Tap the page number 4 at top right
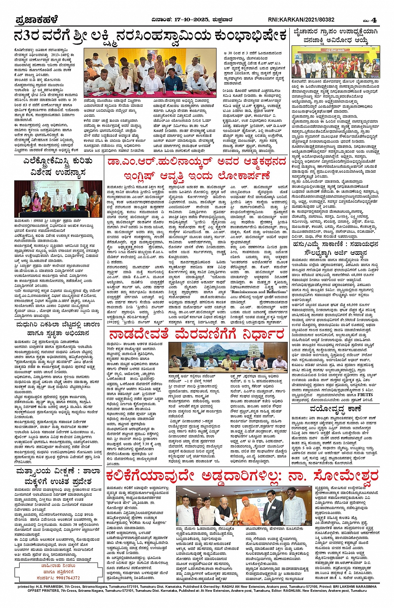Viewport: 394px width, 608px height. click(374, 20)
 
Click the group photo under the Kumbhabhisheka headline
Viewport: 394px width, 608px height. click(150, 73)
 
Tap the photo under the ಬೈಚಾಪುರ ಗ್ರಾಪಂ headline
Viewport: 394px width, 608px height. click(336, 62)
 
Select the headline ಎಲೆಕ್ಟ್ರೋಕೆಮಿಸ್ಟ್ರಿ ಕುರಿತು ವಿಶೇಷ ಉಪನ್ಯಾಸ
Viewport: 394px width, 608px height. click(58, 167)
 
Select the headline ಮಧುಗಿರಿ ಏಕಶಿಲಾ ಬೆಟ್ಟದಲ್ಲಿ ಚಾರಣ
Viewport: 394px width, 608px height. click(58, 328)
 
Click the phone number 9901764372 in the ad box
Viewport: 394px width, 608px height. click(58, 578)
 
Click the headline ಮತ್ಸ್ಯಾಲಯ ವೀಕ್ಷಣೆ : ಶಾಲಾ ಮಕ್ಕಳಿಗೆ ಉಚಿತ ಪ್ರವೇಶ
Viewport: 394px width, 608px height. click(58, 476)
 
